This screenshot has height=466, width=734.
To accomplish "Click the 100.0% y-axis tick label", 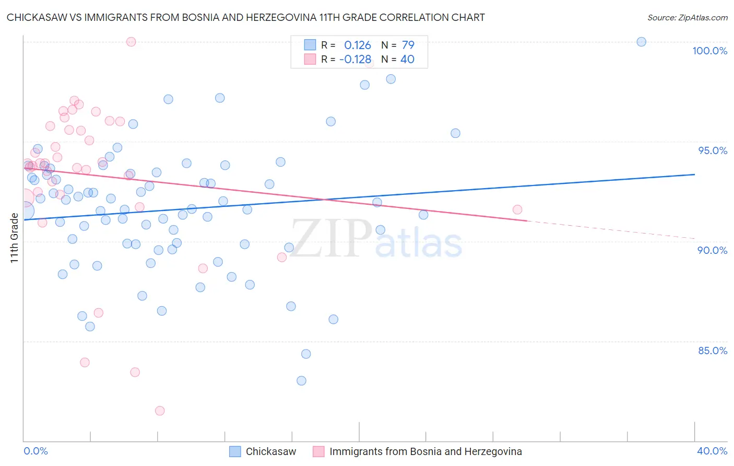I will point(709,51).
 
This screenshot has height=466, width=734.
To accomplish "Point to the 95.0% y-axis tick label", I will point(713,150).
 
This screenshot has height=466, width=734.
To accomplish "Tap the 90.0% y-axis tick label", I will point(712,250).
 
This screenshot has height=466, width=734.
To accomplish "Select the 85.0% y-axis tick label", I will point(713,351).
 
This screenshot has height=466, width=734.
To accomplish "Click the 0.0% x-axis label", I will point(35,451).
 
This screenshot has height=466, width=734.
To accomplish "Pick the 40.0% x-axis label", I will point(712,451).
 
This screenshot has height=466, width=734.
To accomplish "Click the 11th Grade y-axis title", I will point(14,238).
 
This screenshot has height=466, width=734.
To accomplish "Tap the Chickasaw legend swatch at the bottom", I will point(235,451).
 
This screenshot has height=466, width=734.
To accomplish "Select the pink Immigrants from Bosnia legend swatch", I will point(318,451).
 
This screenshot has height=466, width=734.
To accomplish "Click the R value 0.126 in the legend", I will point(357,45).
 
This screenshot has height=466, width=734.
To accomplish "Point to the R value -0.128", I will point(355,60).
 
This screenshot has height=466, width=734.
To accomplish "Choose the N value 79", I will point(408,45).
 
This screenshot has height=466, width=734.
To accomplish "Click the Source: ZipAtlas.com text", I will point(687,18).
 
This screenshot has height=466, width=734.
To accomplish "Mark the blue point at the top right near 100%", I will point(642,42).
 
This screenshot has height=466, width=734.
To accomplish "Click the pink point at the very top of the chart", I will point(131,42).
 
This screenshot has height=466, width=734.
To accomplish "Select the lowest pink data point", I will point(160,411).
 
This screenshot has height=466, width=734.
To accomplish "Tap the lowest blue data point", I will point(301,381).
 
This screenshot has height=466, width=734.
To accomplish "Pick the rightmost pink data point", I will point(517,209).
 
